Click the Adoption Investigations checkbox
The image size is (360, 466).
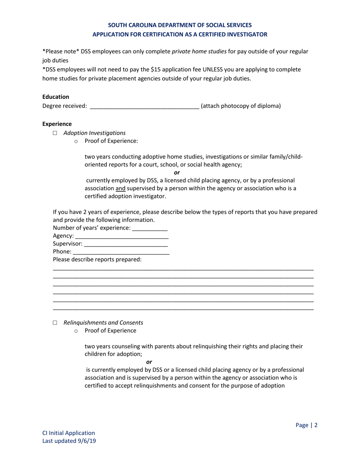(x=55, y=133)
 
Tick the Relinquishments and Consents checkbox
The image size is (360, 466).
(x=55, y=323)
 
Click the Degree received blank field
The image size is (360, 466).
(x=144, y=106)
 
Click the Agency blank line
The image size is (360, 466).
(x=122, y=236)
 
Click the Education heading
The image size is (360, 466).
(x=56, y=97)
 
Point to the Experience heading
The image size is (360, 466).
(x=57, y=124)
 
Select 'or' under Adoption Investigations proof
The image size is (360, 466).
(x=177, y=173)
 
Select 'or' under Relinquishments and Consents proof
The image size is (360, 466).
(x=149, y=362)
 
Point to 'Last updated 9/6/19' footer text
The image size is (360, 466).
(x=69, y=441)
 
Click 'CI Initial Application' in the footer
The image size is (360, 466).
(x=69, y=433)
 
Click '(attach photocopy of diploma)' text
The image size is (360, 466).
(x=241, y=106)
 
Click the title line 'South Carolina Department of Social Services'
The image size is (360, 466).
(x=180, y=25)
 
